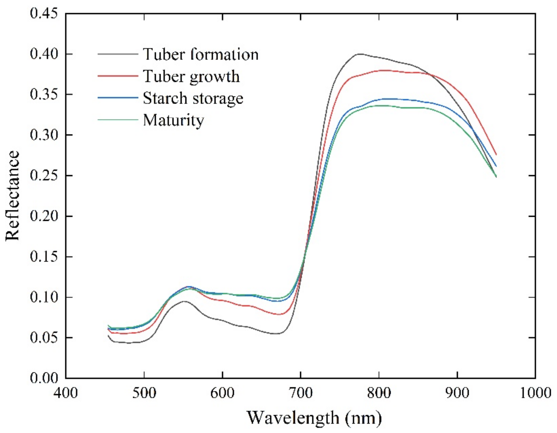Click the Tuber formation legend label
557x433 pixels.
(x=201, y=54)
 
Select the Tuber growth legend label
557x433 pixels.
(x=191, y=76)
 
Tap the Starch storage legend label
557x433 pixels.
(x=193, y=98)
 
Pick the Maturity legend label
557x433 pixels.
(x=173, y=120)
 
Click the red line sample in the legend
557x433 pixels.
(x=118, y=76)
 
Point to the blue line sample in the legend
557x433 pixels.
(x=118, y=98)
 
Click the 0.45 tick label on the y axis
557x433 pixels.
(x=43, y=14)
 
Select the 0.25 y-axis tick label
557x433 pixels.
(x=43, y=176)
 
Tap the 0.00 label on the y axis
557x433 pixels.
(x=43, y=378)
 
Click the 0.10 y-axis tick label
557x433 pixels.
(x=43, y=297)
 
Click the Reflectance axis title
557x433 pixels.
(x=12, y=196)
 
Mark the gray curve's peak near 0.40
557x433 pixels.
(x=360, y=54)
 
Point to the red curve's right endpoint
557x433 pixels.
(x=496, y=155)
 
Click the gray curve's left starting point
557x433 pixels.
(x=108, y=335)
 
